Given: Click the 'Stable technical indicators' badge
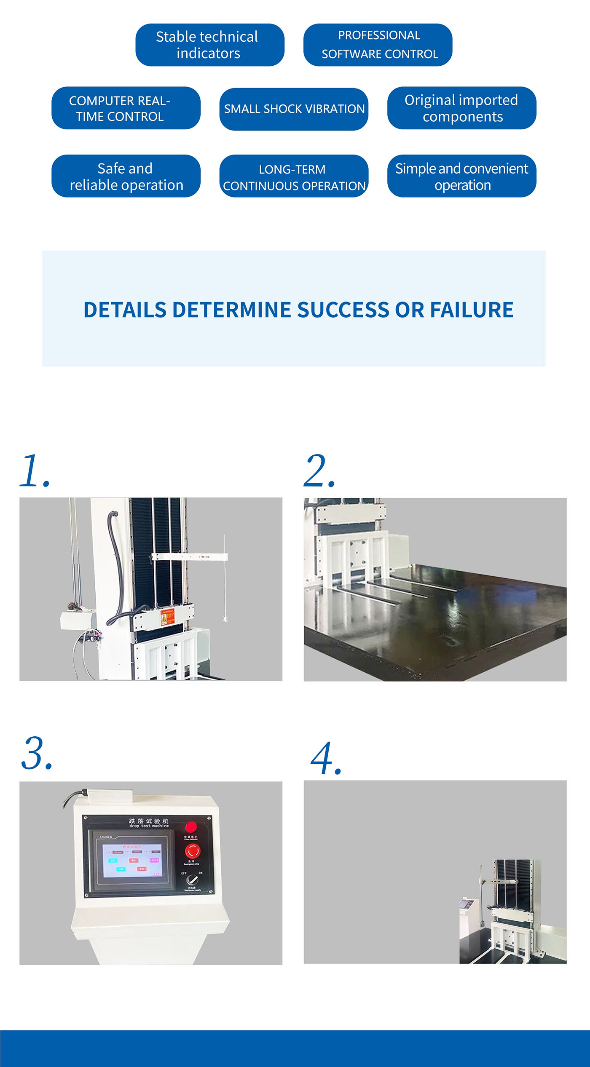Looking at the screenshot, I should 209,45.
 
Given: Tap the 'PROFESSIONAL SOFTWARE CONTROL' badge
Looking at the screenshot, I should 378,45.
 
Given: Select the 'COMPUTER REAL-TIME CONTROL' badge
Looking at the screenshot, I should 126,108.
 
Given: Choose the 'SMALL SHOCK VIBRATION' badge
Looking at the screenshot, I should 294,109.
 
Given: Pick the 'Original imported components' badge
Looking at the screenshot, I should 461,108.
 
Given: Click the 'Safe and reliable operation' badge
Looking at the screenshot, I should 126,176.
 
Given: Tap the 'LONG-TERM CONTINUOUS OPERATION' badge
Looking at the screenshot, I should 294,176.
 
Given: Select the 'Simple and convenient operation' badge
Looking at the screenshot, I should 461,176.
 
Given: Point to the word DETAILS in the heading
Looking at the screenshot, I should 125,310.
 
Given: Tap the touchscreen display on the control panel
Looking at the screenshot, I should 132,860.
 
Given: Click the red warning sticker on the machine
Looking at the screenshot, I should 167,618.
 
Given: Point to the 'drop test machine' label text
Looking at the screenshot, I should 149,826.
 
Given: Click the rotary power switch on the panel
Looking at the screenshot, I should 193,880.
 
